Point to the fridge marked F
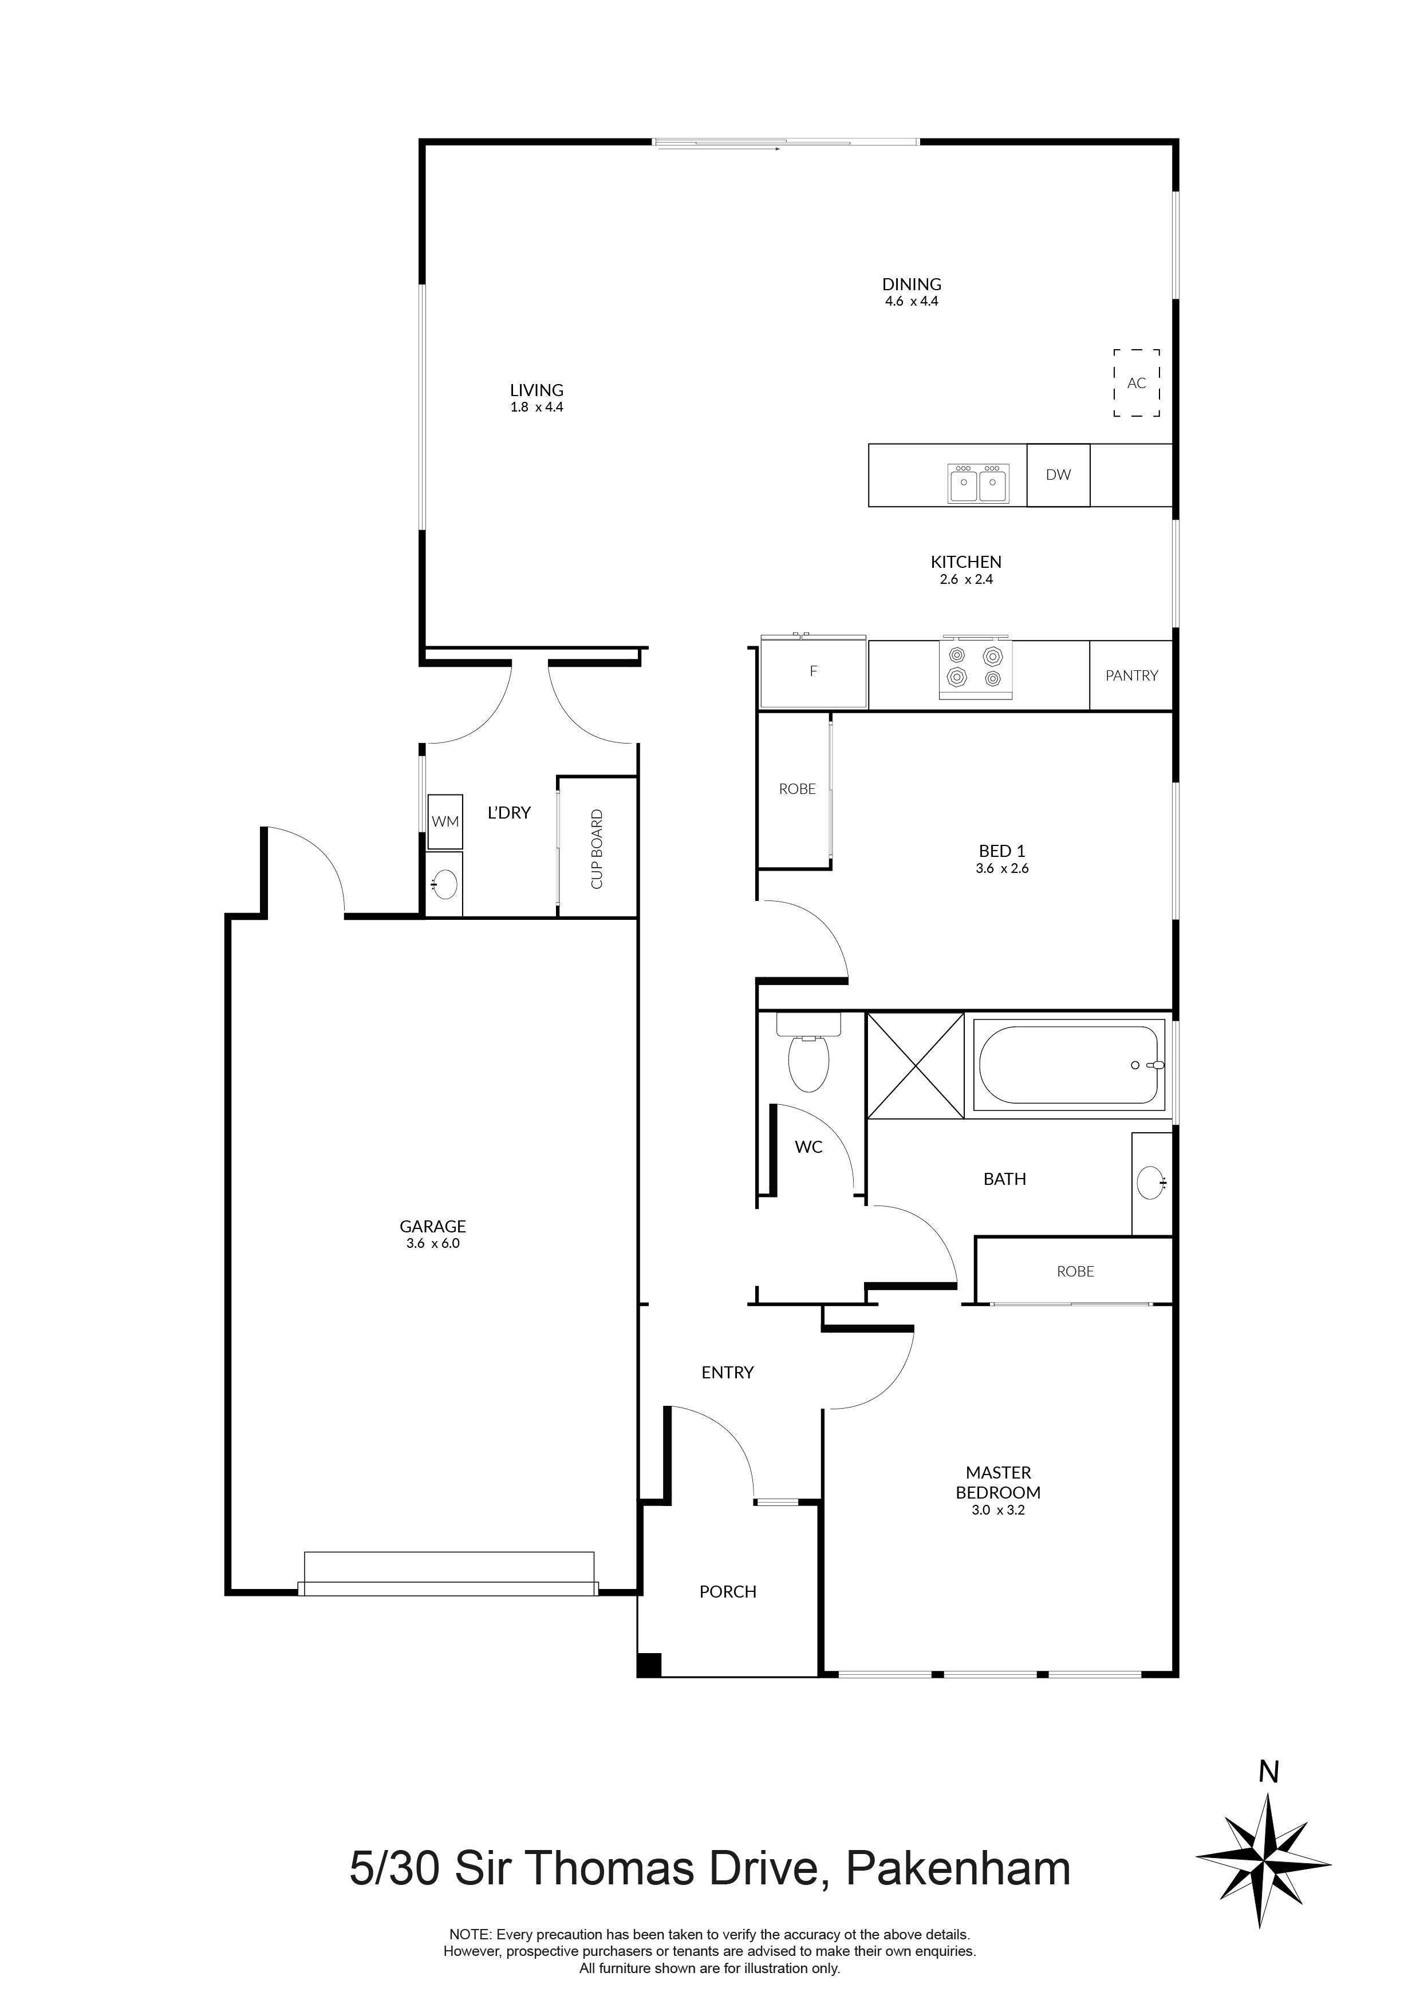click(x=813, y=671)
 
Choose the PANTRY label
click(x=1131, y=675)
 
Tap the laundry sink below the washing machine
click(x=444, y=884)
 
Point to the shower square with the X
click(x=915, y=1065)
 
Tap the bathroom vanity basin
click(x=1151, y=1184)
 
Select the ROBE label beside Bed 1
click(x=797, y=789)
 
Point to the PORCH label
click(x=727, y=1592)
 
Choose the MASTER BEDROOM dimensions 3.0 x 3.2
click(x=997, y=1509)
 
